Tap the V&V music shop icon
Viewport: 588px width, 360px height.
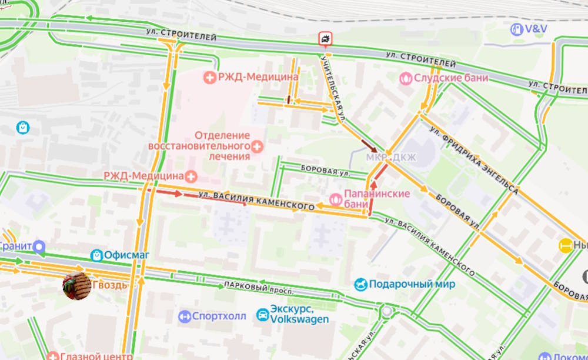point(516,29)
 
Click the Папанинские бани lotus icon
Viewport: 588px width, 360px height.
point(335,199)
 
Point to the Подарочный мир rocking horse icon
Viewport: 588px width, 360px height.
point(360,285)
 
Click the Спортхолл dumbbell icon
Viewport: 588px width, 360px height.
point(185,316)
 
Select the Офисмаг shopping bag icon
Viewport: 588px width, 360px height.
point(97,255)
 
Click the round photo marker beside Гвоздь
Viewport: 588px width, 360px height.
point(77,285)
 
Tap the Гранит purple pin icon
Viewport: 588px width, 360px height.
point(39,246)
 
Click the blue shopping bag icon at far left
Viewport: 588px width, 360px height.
point(23,126)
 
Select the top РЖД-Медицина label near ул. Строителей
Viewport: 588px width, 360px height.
point(258,77)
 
